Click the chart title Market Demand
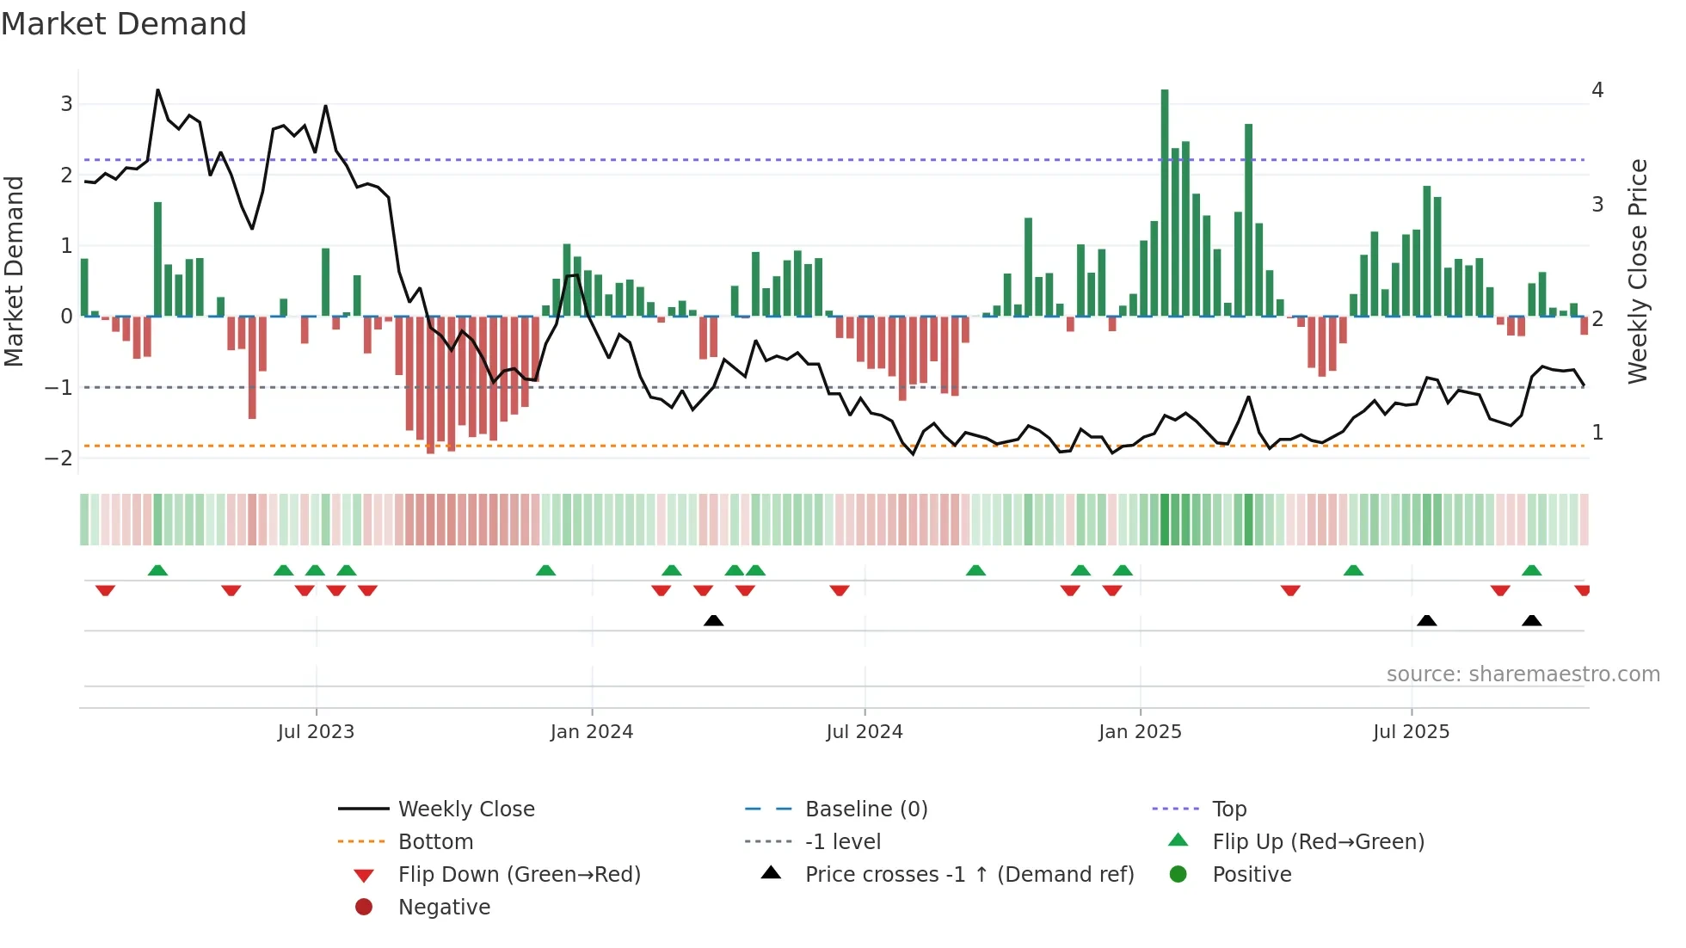click(x=124, y=24)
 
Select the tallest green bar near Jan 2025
click(x=1165, y=202)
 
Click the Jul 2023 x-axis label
click(x=316, y=732)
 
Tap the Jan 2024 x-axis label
click(x=592, y=732)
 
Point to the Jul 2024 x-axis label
click(x=865, y=732)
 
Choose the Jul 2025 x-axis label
click(x=1411, y=732)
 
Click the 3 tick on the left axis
click(x=66, y=104)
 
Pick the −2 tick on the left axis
click(x=59, y=459)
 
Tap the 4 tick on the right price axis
click(x=1597, y=90)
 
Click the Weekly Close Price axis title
click(x=1638, y=271)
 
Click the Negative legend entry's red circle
click(x=364, y=908)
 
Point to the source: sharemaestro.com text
click(x=1523, y=674)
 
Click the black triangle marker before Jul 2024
click(x=713, y=620)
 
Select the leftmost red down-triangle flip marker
click(x=105, y=590)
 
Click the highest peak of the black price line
click(x=157, y=89)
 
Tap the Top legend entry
click(x=1229, y=809)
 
